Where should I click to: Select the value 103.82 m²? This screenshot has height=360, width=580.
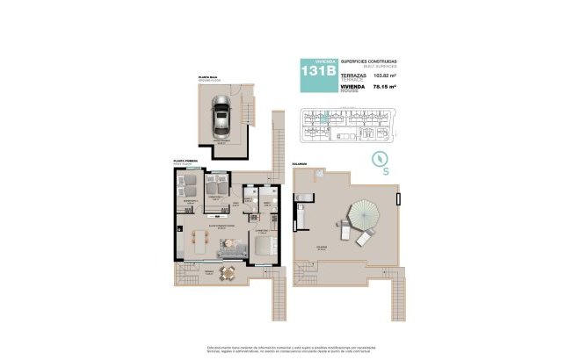point(385,76)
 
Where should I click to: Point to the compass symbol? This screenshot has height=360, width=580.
point(381,159)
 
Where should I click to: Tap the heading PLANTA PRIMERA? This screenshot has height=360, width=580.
point(185,162)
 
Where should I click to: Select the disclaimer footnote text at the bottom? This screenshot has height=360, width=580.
point(289,349)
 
